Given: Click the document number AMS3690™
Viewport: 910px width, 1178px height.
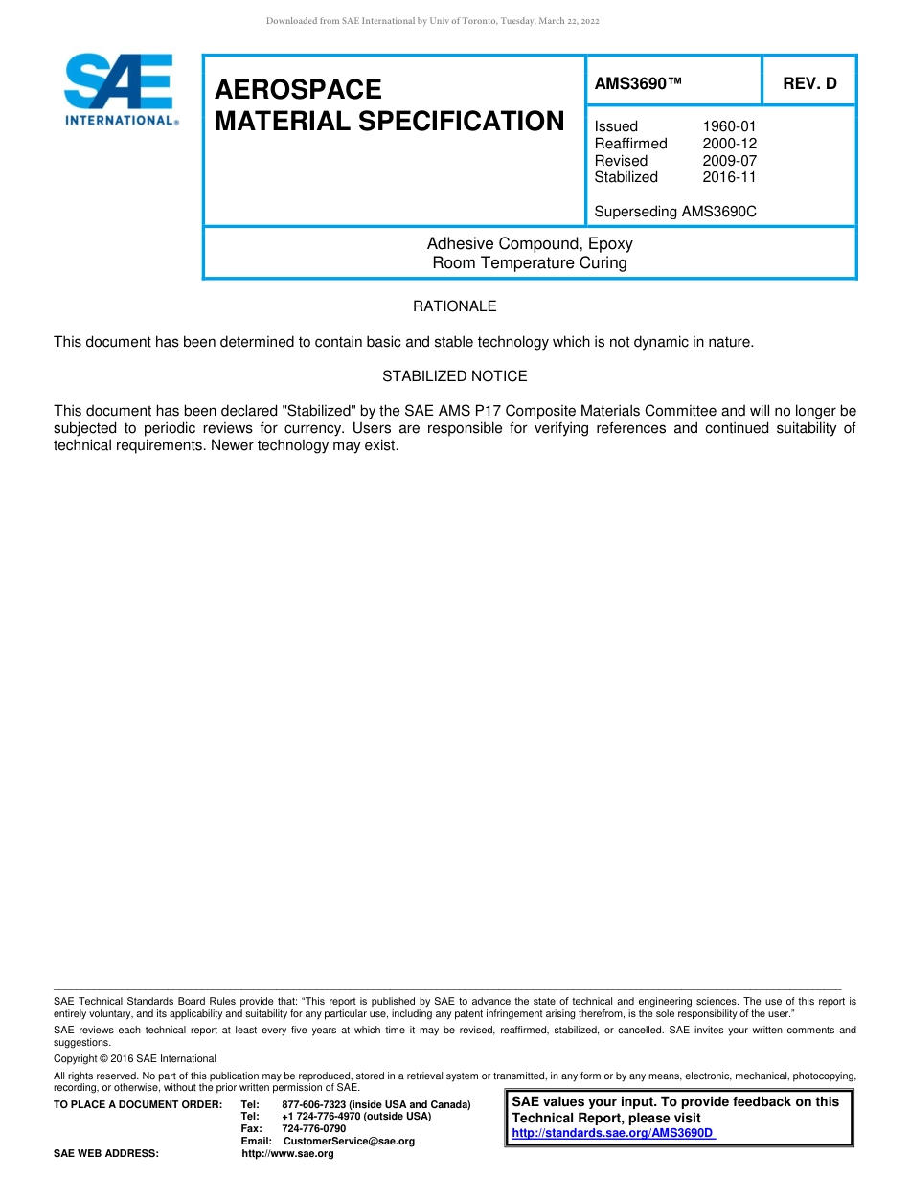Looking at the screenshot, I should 638,84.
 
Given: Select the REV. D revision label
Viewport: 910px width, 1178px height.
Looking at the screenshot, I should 809,84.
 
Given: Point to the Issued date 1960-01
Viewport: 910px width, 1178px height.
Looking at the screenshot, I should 729,126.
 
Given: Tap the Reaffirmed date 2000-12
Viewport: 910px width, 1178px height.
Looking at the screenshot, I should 729,144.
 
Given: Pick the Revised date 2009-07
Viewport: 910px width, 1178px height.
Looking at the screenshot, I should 729,161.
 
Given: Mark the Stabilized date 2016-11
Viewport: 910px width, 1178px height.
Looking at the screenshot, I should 729,177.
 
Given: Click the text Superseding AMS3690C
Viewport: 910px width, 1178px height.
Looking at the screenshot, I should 674,212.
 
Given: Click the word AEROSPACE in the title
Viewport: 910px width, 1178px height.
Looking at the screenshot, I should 298,89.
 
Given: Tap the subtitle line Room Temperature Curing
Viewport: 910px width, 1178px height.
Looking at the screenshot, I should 529,262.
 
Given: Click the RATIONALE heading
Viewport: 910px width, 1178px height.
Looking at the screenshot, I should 454,306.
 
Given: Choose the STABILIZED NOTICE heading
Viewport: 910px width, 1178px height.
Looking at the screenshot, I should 454,376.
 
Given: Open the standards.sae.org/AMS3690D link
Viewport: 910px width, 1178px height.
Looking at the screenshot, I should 613,1133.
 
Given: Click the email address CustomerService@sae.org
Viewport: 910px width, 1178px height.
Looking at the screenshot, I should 349,1141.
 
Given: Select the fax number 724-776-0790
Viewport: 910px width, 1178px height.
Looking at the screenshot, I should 313,1128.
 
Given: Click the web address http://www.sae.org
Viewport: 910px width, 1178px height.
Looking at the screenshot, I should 287,1153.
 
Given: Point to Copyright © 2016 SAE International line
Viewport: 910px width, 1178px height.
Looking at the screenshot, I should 135,1058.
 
